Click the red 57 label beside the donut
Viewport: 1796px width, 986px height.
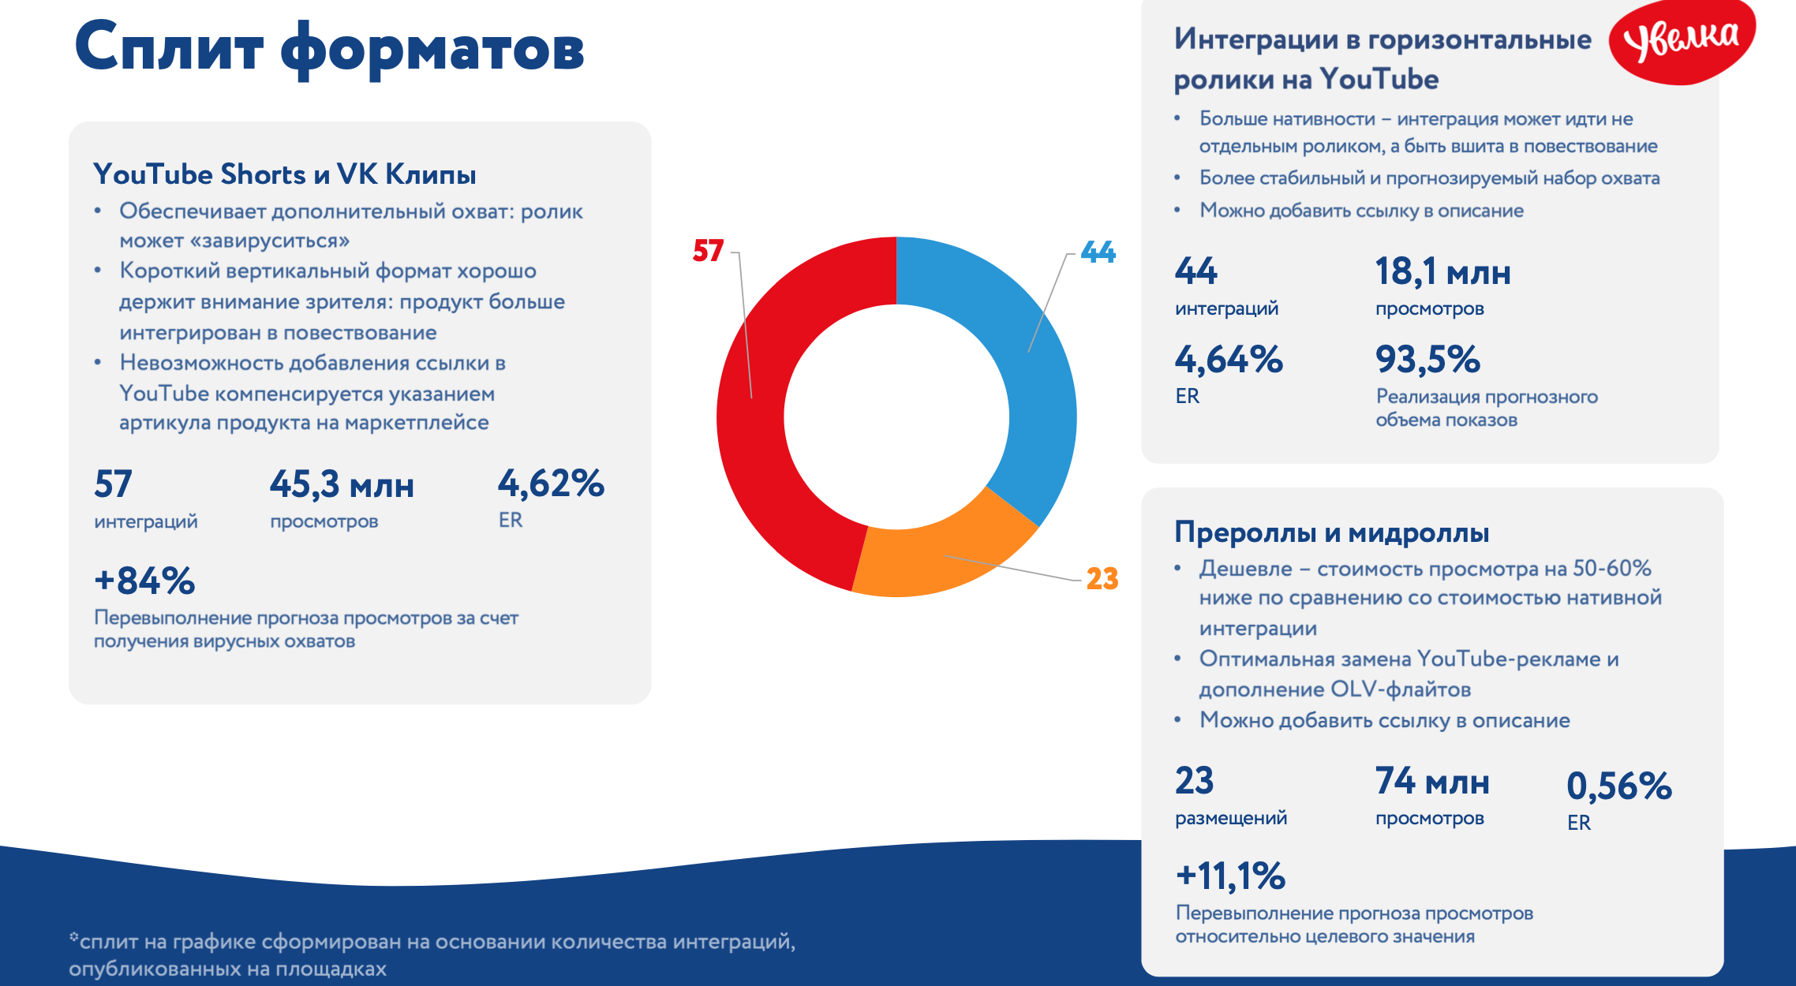tap(708, 251)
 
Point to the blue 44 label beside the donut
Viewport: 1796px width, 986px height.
tap(1098, 252)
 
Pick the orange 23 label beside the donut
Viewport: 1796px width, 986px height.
tap(1102, 579)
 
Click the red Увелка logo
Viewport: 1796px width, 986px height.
tap(1682, 41)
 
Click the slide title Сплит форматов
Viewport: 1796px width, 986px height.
tap(329, 47)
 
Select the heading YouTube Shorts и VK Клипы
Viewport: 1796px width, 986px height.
tap(285, 174)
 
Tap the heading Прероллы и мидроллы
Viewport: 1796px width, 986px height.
tap(1332, 532)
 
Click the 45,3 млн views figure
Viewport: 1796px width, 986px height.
tap(342, 484)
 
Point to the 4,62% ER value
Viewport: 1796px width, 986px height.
tap(551, 483)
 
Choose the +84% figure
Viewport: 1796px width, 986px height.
tap(144, 581)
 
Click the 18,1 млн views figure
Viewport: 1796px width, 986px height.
tap(1443, 271)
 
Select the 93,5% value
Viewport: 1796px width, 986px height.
tap(1428, 359)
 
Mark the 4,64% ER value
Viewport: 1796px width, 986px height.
tap(1229, 359)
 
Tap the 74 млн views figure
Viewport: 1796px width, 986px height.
tap(1432, 781)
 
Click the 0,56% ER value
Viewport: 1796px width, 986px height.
tap(1619, 786)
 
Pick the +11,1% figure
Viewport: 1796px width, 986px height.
tap(1230, 876)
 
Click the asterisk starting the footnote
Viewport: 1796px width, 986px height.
tap(74, 937)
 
